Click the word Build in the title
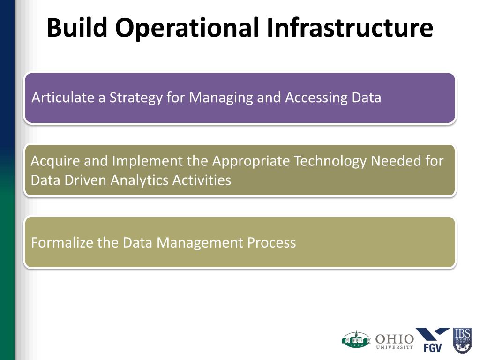tap(77, 27)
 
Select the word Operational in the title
tap(187, 28)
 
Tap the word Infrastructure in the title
tap(350, 27)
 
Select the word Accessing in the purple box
tap(316, 98)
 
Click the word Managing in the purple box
tap(221, 98)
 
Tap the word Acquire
tap(55, 161)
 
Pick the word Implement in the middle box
tap(147, 161)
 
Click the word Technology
tap(330, 161)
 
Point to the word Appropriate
tap(251, 161)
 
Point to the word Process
tap(271, 242)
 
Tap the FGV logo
tap(433, 340)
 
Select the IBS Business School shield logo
tap(462, 341)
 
